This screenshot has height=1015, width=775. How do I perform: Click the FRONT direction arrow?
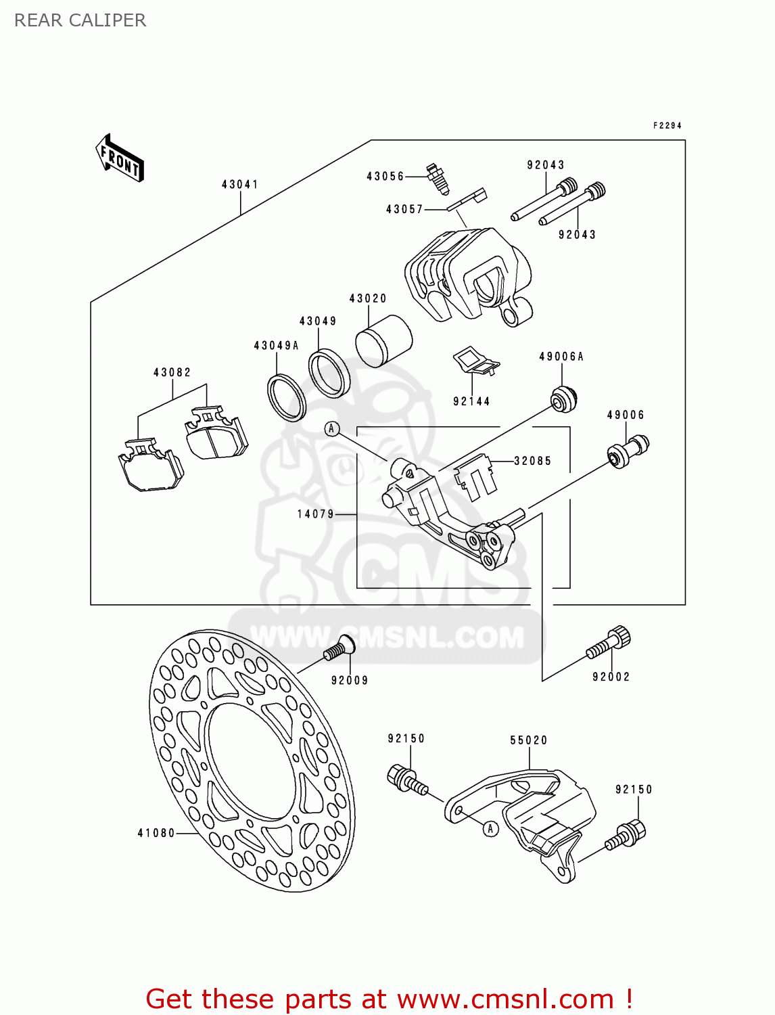click(120, 158)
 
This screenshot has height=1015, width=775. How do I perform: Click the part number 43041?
click(239, 184)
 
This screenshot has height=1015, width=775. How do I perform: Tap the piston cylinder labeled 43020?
click(383, 340)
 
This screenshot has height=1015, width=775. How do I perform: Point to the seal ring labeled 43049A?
click(287, 397)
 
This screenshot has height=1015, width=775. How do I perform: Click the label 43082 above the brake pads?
click(172, 372)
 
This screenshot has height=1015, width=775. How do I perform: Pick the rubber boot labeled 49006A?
click(563, 398)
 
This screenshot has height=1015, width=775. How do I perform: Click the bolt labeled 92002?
click(609, 643)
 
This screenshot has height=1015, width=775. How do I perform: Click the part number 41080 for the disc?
click(156, 833)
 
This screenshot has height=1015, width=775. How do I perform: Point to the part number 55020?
click(528, 740)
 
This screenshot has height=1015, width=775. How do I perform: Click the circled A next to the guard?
click(491, 828)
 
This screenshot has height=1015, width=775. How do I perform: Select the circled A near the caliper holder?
click(331, 429)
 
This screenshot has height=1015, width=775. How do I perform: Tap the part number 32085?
click(532, 461)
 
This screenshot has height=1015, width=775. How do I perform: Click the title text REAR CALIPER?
click(80, 20)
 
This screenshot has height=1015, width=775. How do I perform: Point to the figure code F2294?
click(667, 125)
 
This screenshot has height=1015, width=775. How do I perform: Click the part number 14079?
click(316, 514)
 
